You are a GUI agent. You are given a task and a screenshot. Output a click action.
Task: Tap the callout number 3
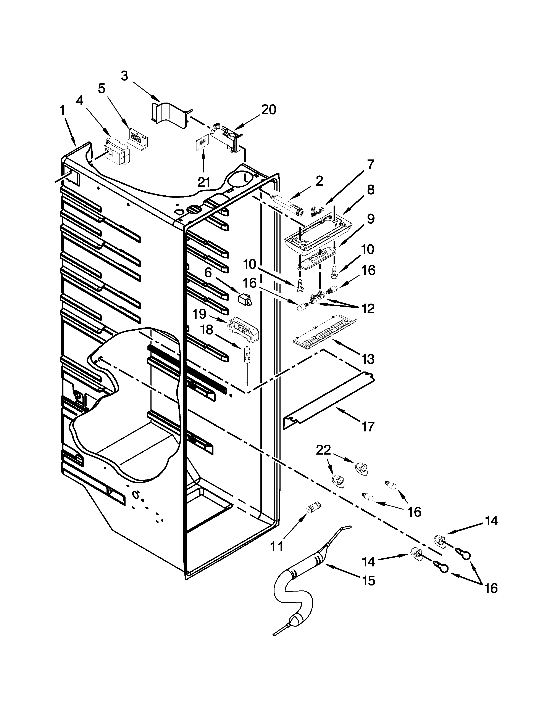click(x=124, y=76)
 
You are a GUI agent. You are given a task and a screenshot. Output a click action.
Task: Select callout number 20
click(x=268, y=110)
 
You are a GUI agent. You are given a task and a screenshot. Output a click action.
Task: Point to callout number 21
click(x=203, y=182)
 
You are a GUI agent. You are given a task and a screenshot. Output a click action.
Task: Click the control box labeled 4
click(x=116, y=153)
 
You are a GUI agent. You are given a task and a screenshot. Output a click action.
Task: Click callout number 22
click(x=323, y=450)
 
